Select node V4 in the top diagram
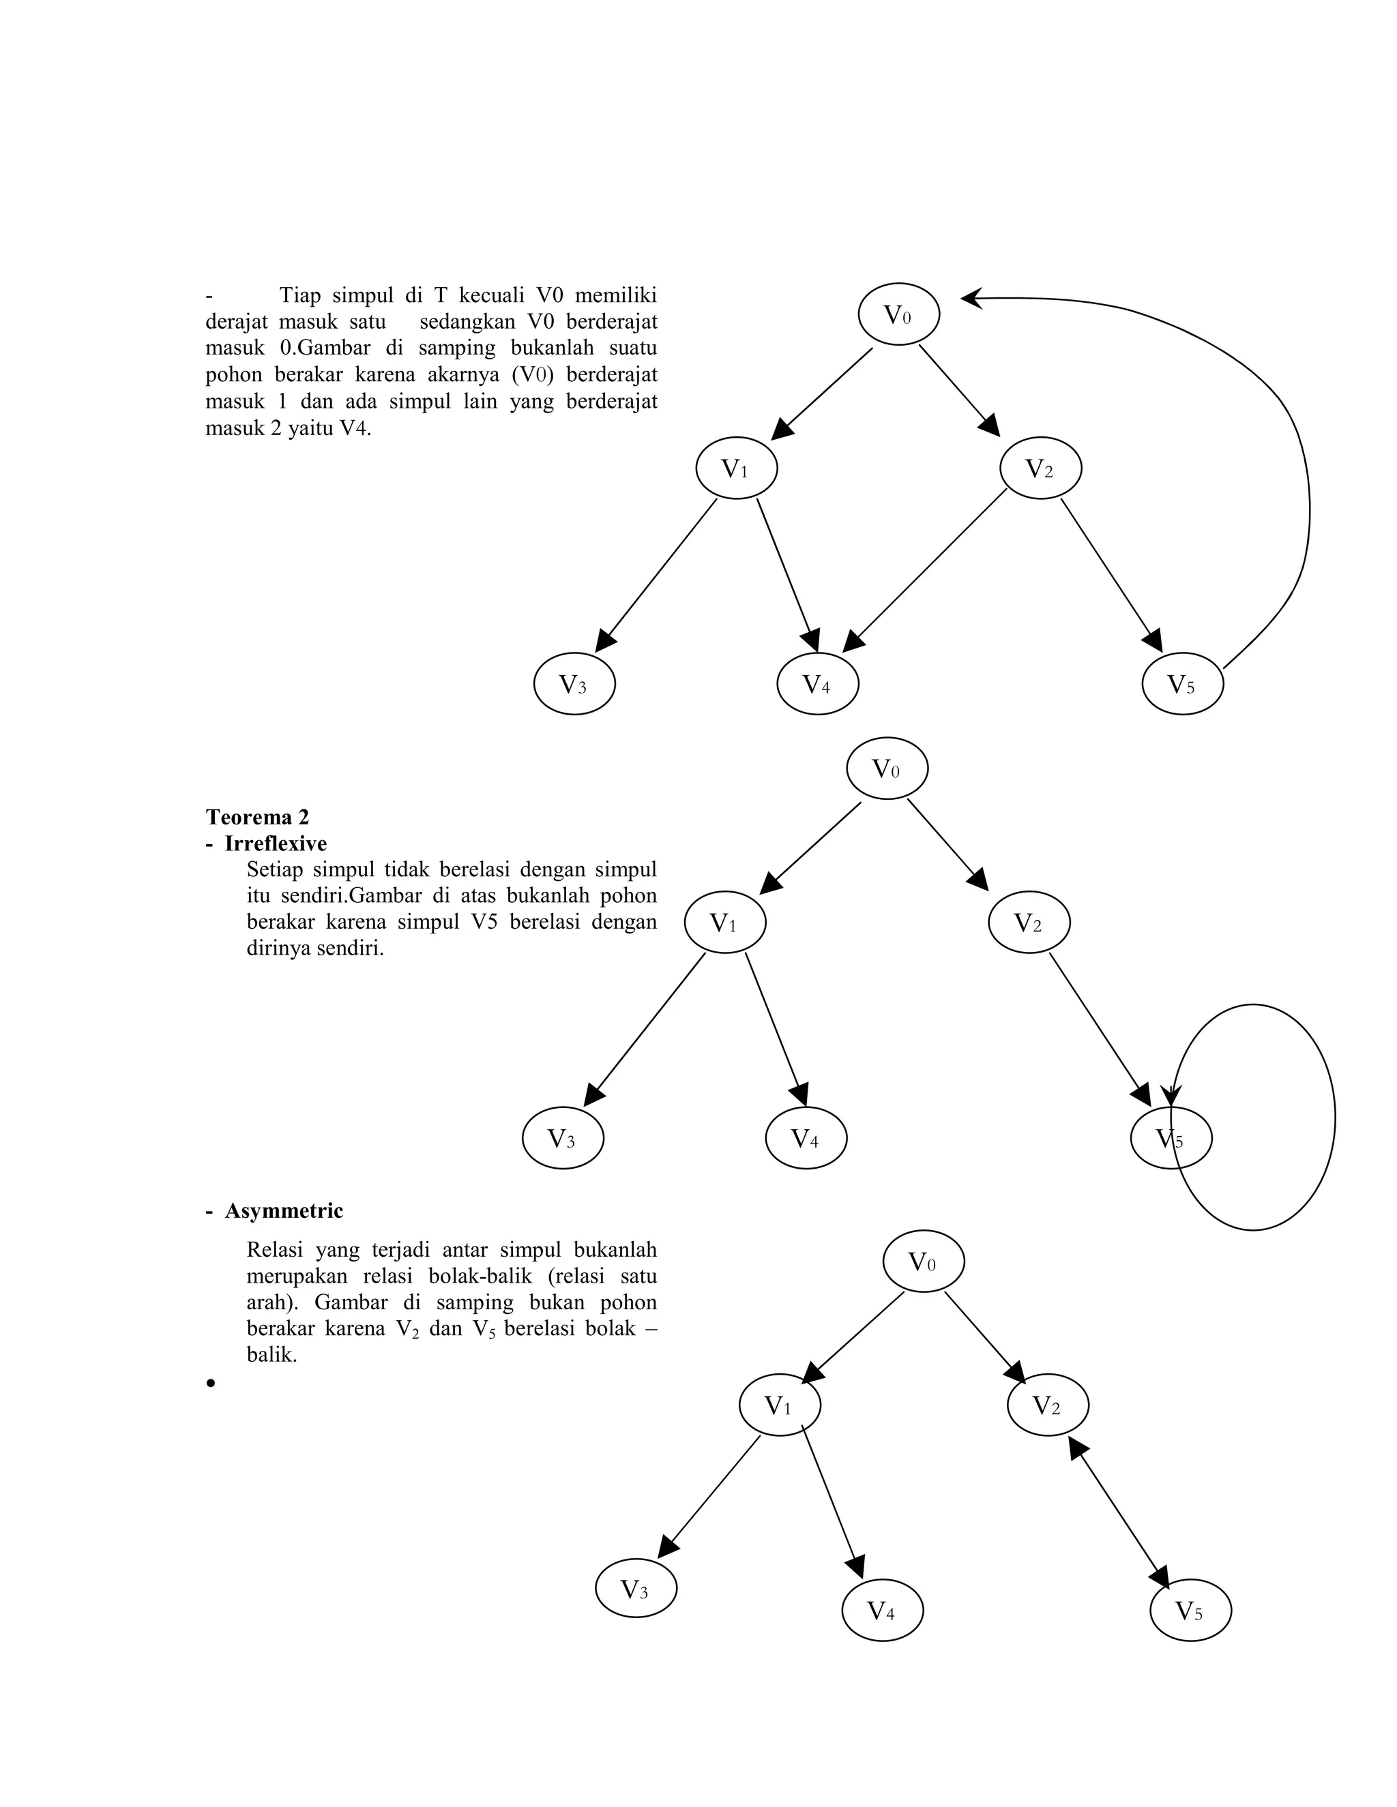[818, 683]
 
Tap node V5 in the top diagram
[1182, 683]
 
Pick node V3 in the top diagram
[574, 683]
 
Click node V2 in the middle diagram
[1029, 923]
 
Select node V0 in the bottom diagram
[923, 1261]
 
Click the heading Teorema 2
[257, 818]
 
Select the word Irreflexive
[276, 844]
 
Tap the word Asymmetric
[284, 1211]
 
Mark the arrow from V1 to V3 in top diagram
[658, 576]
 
